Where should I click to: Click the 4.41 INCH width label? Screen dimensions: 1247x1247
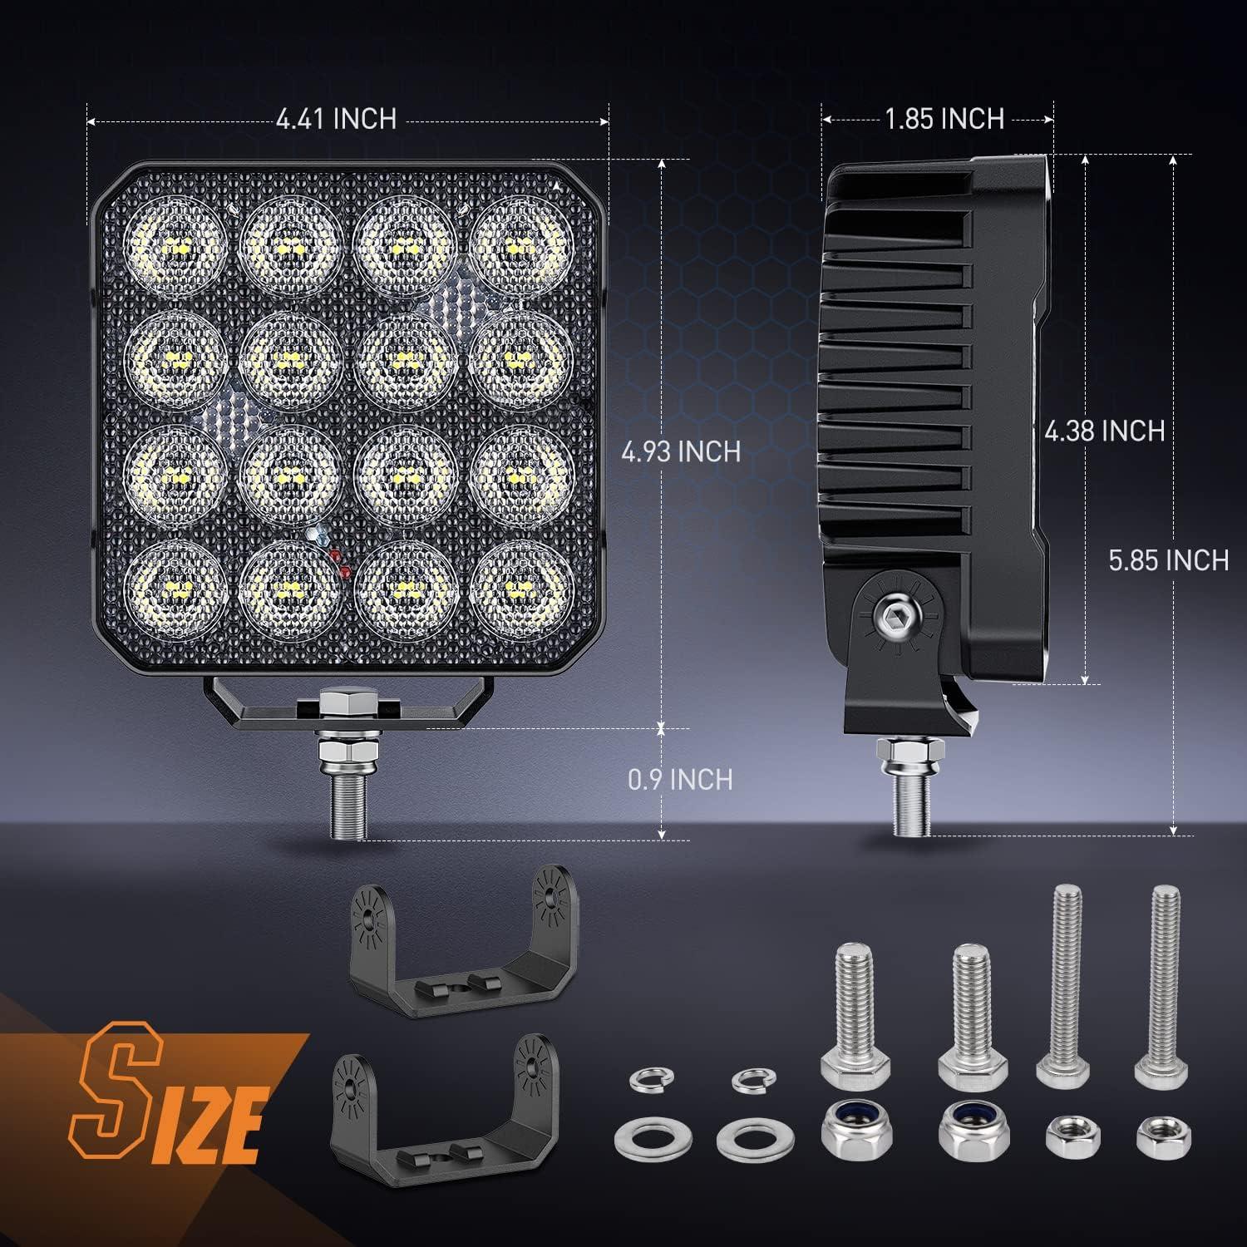click(336, 119)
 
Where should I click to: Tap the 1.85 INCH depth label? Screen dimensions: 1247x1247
click(944, 119)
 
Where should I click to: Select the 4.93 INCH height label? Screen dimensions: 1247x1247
click(681, 451)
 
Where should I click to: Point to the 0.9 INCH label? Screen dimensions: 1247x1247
click(681, 779)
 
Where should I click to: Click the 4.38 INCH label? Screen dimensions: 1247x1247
click(1105, 431)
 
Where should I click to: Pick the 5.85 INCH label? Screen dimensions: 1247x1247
click(1168, 560)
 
